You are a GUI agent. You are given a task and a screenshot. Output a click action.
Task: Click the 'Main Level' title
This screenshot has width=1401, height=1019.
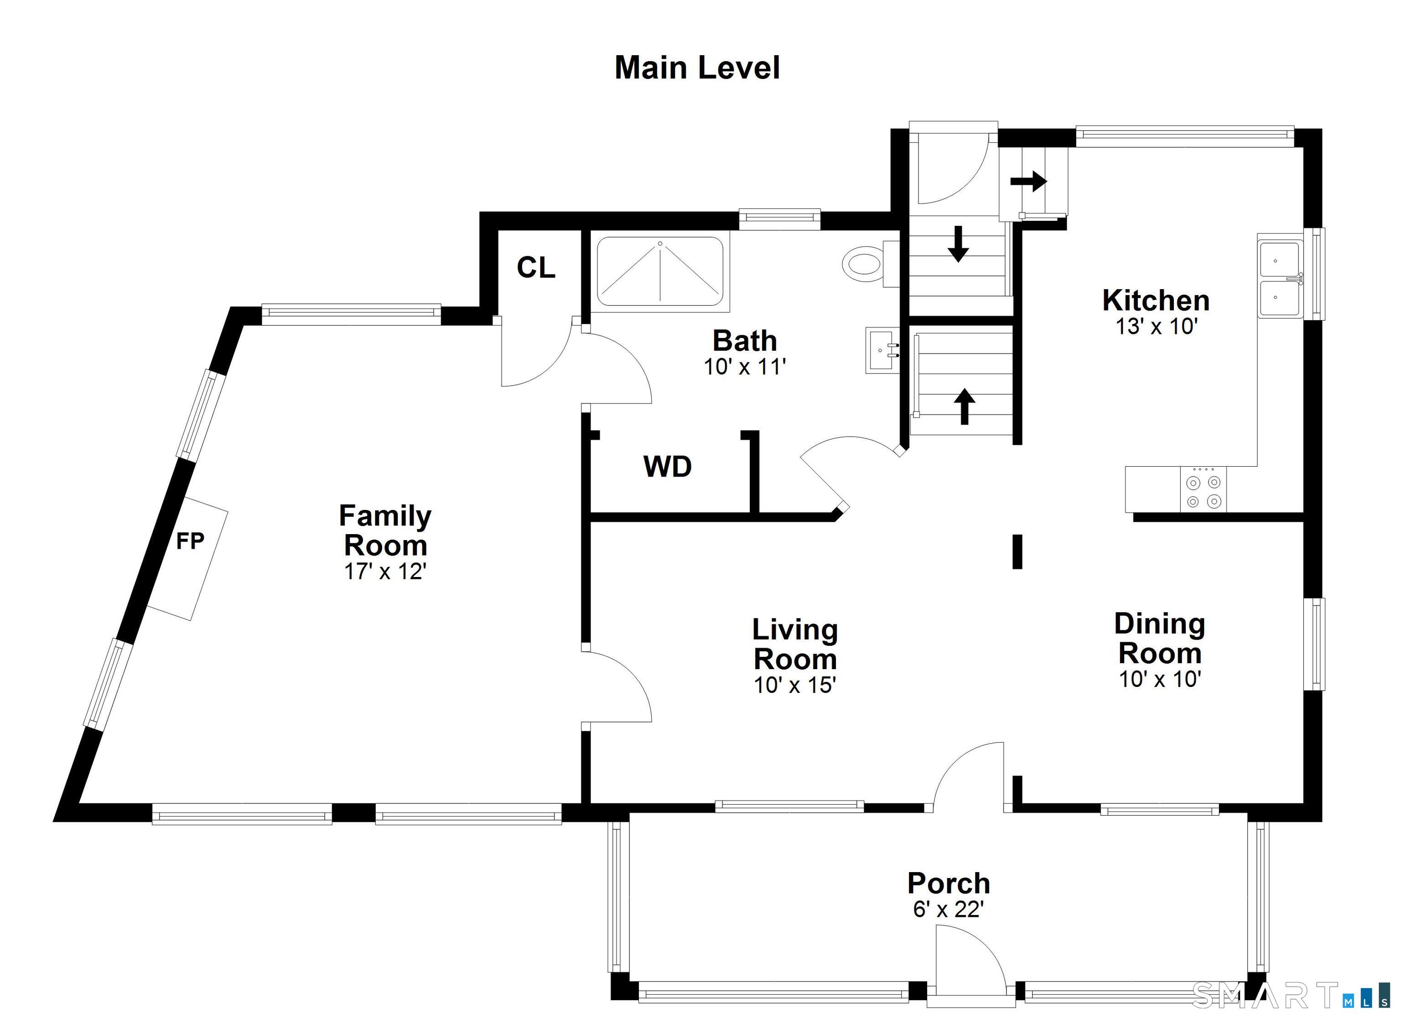(x=697, y=68)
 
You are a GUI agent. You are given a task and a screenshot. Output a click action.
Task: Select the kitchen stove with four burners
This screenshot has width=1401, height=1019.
(x=1204, y=489)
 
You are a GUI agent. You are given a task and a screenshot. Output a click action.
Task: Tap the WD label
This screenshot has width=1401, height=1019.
(x=667, y=467)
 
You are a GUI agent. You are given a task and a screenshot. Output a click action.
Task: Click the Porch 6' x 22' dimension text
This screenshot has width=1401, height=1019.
(x=948, y=910)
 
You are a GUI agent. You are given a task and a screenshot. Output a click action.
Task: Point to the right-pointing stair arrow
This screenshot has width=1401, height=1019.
(x=1028, y=181)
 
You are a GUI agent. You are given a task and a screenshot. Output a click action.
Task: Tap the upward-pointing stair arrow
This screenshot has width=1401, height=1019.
(x=964, y=406)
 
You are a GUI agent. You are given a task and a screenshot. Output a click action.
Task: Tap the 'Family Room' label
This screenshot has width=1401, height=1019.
(x=385, y=530)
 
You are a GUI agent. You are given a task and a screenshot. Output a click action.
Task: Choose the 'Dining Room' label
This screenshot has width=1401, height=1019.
(x=1159, y=638)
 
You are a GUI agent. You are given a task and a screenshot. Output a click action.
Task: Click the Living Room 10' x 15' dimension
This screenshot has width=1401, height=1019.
(x=795, y=685)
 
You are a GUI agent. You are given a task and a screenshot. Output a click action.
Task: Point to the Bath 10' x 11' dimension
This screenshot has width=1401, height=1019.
(x=745, y=366)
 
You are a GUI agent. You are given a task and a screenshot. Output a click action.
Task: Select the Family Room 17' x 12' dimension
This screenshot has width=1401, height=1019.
(x=385, y=572)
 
